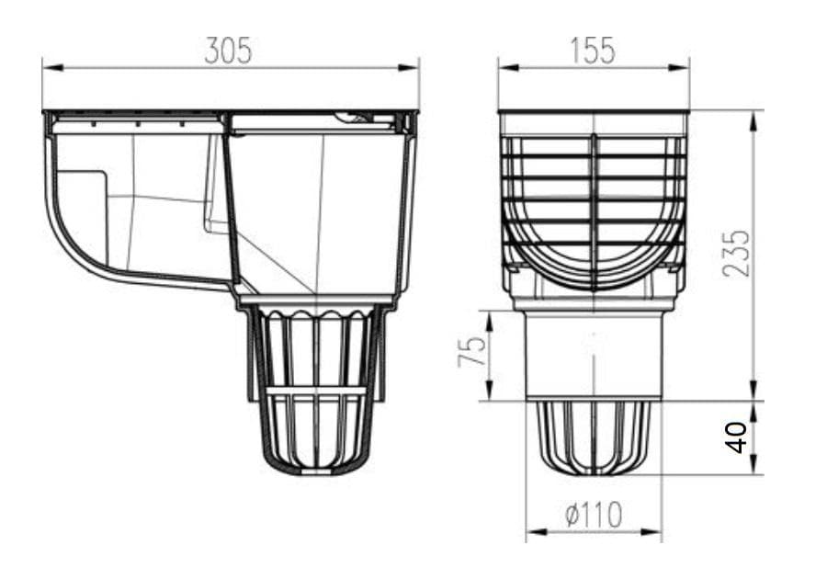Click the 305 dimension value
pos(229,51)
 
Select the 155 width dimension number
pos(593,51)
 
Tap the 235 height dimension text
pos(736,253)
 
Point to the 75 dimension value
pos(472,351)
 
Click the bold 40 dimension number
pos(736,437)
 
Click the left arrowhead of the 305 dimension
pos(52,67)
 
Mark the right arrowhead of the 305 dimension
pos(408,67)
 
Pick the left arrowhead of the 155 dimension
pos(509,67)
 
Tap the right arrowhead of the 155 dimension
pos(679,67)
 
